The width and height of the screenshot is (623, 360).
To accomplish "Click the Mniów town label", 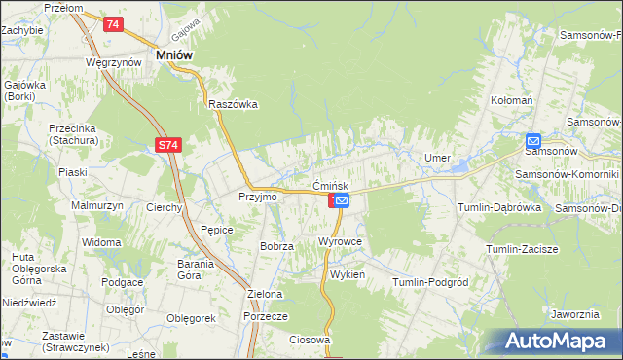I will coord(174,55).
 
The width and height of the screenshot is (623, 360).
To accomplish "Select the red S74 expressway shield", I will coord(168,145).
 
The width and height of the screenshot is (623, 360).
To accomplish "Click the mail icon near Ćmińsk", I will coord(342,200).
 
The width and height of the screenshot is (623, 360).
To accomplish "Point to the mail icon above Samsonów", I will coord(533,139).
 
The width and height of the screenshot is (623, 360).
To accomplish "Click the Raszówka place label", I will coord(232,104).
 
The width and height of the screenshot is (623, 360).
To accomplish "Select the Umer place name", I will coord(436,158).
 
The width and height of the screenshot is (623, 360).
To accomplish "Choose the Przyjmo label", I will coord(258,197).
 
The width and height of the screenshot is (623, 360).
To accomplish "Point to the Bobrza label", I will coord(276,246).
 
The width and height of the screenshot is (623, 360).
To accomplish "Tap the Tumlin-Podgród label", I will coord(430,282).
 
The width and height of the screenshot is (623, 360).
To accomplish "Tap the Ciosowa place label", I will coord(311,340).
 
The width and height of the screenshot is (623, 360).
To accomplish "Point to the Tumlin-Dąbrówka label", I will coord(498,207).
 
